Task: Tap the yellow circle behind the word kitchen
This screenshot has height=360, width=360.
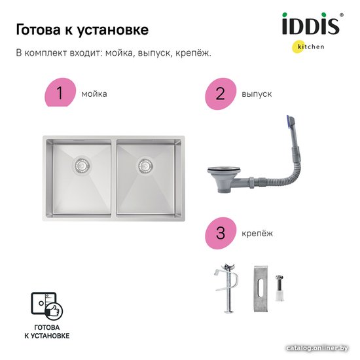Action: pos(298,47)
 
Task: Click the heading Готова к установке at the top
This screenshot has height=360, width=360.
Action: pos(82,30)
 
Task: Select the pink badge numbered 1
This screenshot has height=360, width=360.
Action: pos(60,92)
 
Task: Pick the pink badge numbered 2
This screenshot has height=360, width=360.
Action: pos(221,94)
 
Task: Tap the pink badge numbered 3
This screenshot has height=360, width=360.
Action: pos(221,233)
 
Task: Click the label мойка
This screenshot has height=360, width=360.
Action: pos(94,94)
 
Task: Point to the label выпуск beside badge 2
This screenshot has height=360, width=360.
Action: pos(257,94)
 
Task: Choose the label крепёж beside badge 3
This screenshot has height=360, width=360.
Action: pos(257,234)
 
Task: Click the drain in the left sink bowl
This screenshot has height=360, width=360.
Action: pos(81,165)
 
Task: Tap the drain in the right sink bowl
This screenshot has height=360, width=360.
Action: pos(145,166)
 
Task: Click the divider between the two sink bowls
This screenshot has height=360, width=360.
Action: pos(114,178)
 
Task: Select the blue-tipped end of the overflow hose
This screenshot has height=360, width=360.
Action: pos(290,122)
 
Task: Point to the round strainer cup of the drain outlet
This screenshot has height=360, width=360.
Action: pos(224,178)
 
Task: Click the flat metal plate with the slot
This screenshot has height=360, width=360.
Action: pos(261,289)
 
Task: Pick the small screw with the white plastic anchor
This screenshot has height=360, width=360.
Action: pos(279,288)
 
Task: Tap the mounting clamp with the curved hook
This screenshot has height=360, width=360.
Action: pos(227,288)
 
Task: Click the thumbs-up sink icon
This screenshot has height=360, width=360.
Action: pos(47,306)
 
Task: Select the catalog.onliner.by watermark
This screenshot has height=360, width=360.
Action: pos(317,348)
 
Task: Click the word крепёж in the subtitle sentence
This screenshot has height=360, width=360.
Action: pos(193,53)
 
